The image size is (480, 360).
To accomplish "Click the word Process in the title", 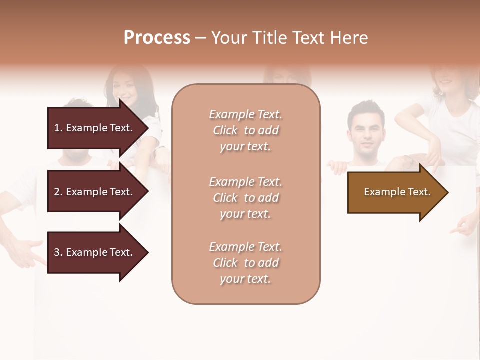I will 157,38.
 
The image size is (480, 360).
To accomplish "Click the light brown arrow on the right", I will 395,192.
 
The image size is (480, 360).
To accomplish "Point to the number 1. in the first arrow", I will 58,128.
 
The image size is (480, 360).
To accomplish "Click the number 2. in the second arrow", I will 58,192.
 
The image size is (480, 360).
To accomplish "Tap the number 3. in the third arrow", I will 58,252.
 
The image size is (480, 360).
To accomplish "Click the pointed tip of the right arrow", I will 446,192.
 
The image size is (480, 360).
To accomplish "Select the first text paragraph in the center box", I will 245,130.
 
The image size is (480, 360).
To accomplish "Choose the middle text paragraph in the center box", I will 245,198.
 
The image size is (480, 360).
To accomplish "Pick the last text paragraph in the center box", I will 245,263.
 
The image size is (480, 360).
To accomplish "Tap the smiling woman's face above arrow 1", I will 123,88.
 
